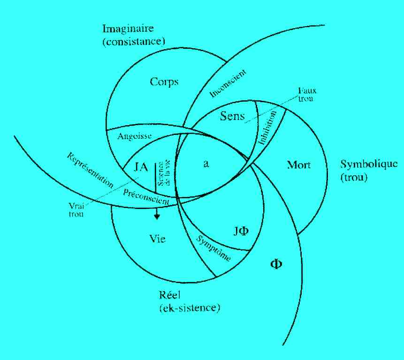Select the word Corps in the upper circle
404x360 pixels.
coord(164,82)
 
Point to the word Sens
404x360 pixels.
coord(232,116)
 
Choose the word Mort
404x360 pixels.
coord(298,165)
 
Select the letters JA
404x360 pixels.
coord(142,166)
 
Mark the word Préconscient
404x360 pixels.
coord(145,196)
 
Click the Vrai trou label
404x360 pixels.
coord(76,210)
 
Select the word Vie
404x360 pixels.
coord(157,239)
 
